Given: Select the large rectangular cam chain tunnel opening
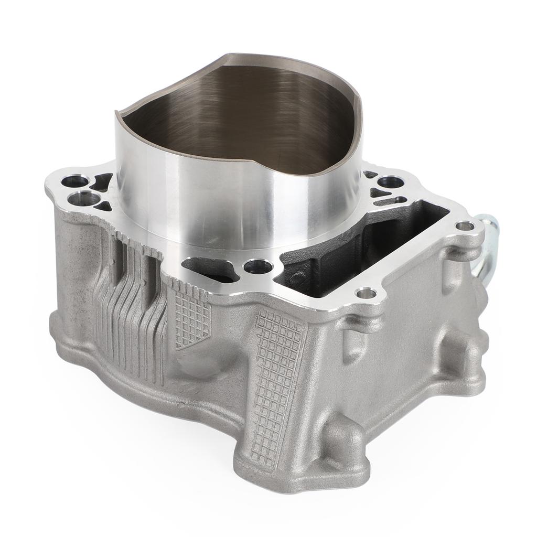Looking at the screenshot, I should point(362,246).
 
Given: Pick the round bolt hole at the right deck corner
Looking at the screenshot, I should point(464,227).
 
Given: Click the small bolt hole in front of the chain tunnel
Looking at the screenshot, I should point(366,293).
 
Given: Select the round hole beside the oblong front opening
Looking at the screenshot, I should point(259,266).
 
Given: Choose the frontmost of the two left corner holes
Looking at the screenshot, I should point(83,199).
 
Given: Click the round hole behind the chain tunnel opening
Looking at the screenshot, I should point(390,183).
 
